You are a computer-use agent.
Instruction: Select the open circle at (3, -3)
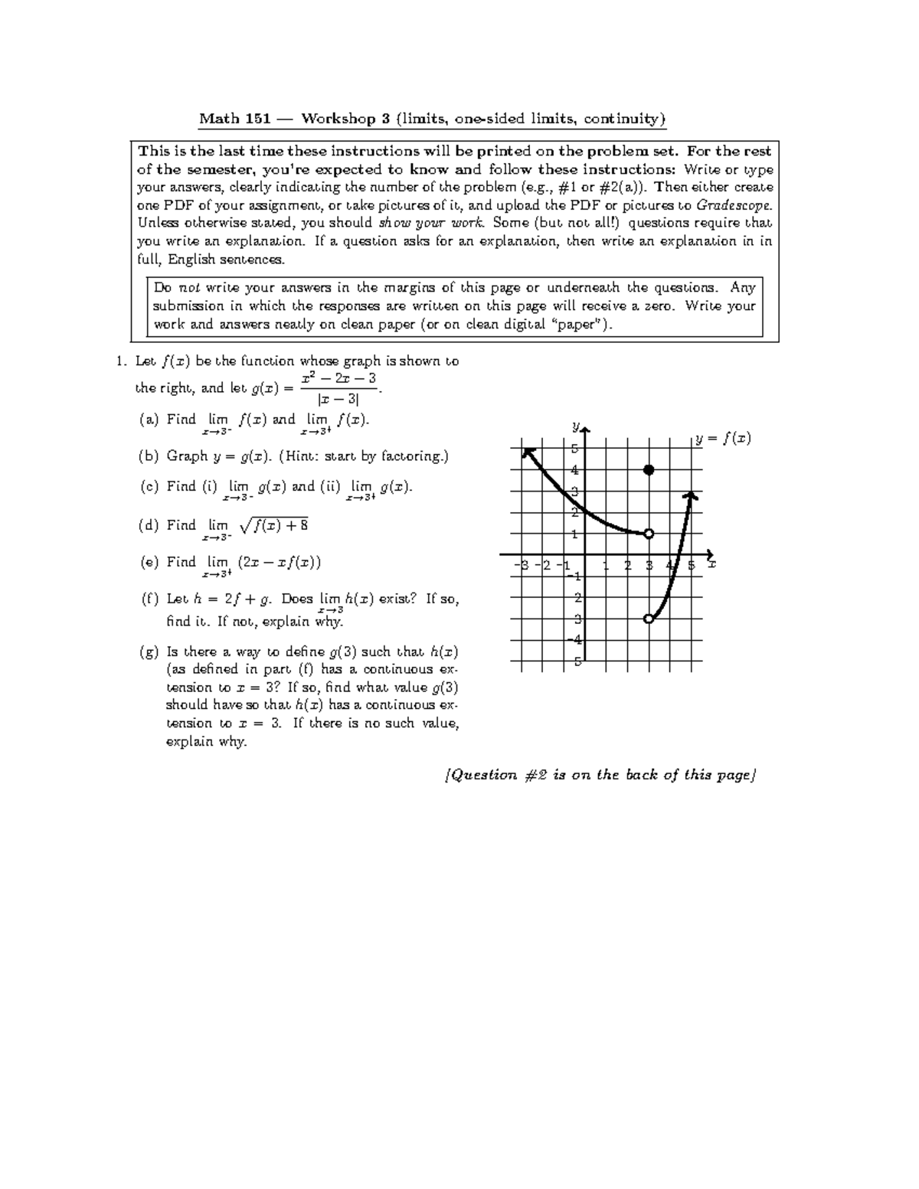pyautogui.click(x=649, y=618)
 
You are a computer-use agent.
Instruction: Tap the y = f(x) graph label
pyautogui.click(x=724, y=439)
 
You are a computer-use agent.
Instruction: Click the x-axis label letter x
pyautogui.click(x=711, y=564)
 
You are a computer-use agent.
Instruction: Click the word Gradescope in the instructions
pyautogui.click(x=734, y=205)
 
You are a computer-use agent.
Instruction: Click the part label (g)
pyautogui.click(x=149, y=652)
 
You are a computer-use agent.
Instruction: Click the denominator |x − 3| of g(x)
pyautogui.click(x=338, y=399)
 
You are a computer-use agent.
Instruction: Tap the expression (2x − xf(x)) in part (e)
pyautogui.click(x=279, y=562)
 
